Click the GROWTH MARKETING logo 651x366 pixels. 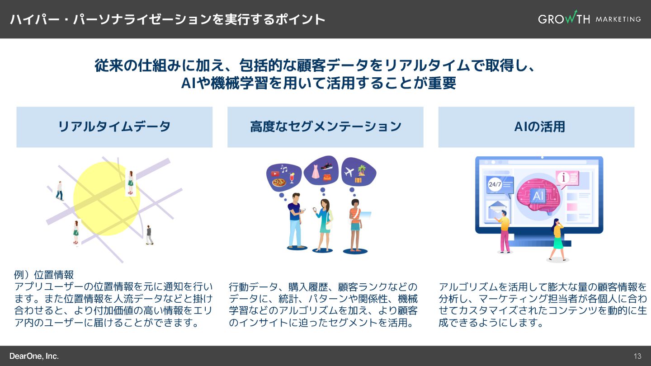[x=589, y=19]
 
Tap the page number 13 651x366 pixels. [x=637, y=356]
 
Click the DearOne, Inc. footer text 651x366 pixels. [x=34, y=356]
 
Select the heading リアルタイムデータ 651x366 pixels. [x=114, y=127]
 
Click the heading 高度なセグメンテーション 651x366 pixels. [x=325, y=127]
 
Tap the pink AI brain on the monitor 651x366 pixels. [x=538, y=195]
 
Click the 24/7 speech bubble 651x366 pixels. [x=495, y=184]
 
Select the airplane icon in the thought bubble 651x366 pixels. [x=349, y=172]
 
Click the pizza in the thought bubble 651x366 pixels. [x=279, y=182]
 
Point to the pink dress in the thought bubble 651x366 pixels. [x=314, y=171]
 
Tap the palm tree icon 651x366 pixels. [x=362, y=170]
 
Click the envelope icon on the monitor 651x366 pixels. [x=495, y=210]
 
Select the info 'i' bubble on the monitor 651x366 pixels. [x=563, y=178]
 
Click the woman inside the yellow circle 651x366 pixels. [x=130, y=183]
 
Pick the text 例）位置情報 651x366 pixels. [x=44, y=275]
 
